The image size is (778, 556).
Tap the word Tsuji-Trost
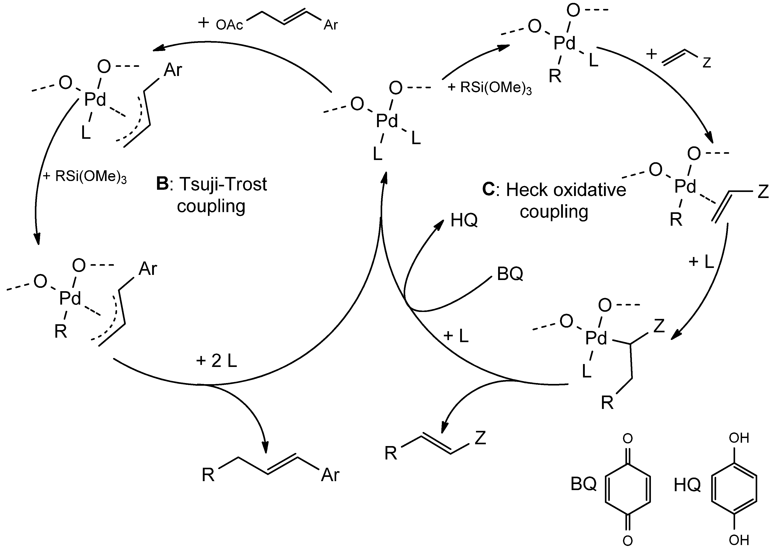pos(223,184)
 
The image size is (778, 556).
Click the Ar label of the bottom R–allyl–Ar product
pos(330,475)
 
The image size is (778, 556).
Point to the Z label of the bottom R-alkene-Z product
pos(480,438)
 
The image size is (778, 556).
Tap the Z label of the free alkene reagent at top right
pos(707,63)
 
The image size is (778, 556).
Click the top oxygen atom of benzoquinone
pos(627,439)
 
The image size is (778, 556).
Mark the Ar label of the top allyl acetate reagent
pos(331,25)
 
